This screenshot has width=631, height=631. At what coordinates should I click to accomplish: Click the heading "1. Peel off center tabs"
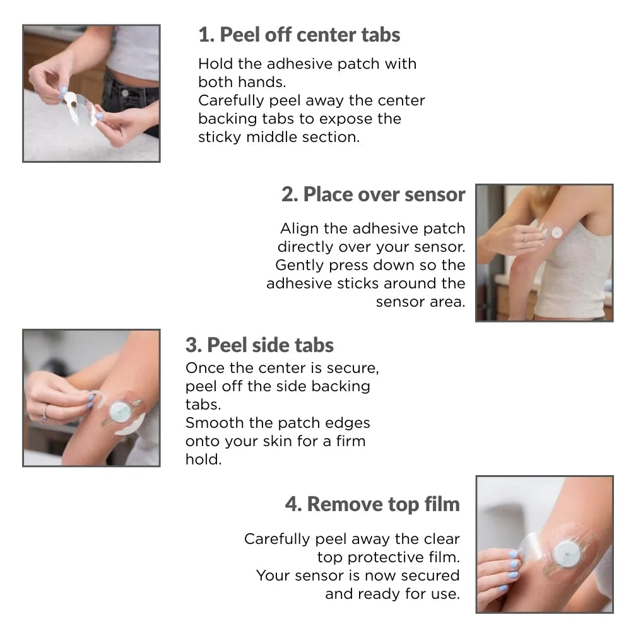click(299, 35)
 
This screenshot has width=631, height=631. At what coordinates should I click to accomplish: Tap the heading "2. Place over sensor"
click(373, 194)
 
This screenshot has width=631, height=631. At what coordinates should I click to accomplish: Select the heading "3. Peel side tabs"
click(259, 345)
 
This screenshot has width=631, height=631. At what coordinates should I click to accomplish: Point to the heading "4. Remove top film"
click(372, 504)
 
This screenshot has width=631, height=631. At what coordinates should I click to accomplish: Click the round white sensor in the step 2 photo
click(557, 233)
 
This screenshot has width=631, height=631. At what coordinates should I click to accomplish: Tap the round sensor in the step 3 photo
click(120, 411)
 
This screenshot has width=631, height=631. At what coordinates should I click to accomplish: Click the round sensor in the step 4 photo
click(567, 555)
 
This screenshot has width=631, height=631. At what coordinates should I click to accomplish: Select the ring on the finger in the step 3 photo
click(45, 413)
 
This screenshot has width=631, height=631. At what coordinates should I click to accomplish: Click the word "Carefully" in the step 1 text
click(232, 100)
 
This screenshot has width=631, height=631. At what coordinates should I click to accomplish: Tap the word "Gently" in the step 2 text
click(300, 265)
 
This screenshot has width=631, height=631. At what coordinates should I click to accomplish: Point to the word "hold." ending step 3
click(204, 459)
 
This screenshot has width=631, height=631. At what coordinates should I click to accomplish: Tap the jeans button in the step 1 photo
click(125, 93)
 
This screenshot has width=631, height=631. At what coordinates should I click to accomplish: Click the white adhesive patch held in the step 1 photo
click(80, 107)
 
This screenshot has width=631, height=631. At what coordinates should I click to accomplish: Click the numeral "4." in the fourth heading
click(293, 504)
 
